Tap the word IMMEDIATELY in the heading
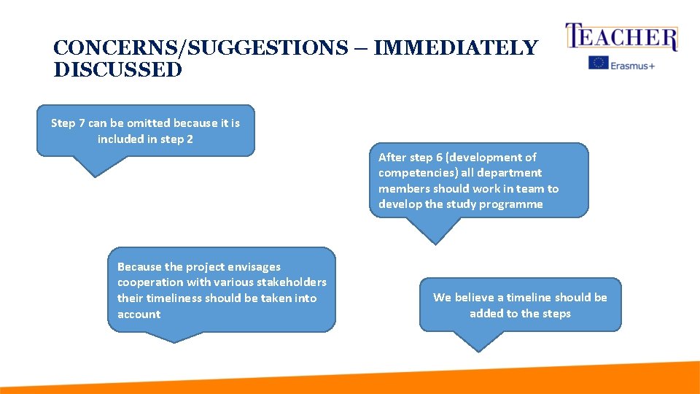tap(455, 48)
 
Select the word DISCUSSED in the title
tap(117, 70)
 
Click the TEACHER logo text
tap(622, 37)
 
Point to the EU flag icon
tap(599, 63)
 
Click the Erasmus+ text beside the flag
tap(633, 64)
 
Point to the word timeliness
tap(173, 298)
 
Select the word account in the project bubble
tap(139, 314)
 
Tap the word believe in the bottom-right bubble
tap(477, 297)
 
